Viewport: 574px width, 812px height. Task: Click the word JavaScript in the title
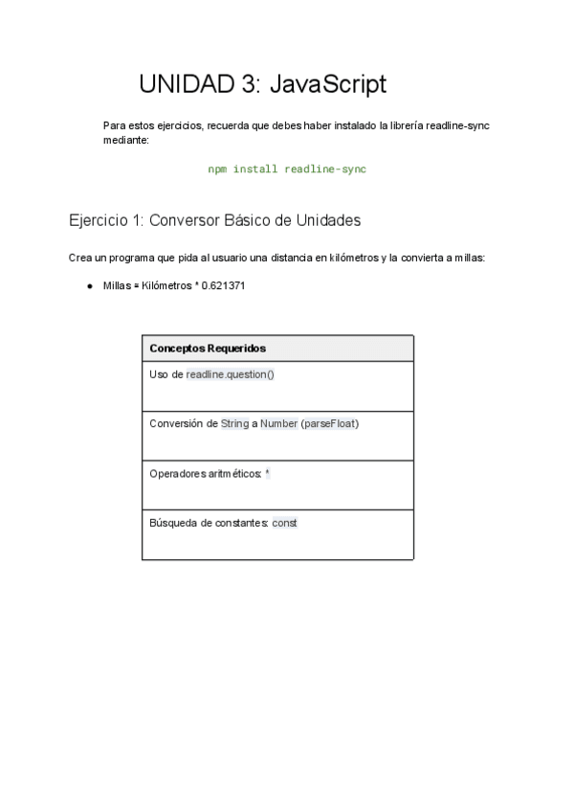328,84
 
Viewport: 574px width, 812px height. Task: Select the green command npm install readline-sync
287,169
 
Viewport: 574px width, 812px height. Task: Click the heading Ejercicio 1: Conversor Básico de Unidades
215,220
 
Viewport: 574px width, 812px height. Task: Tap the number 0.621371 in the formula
224,285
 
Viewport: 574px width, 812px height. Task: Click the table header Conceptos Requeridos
208,349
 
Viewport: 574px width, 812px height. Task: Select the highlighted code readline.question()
230,374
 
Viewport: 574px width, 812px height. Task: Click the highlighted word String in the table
234,423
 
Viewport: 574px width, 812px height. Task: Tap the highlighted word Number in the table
278,423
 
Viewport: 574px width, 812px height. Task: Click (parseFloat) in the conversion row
330,423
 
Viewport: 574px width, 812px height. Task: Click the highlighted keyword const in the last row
285,523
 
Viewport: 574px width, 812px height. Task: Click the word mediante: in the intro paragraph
125,140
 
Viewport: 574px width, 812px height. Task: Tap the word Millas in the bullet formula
116,285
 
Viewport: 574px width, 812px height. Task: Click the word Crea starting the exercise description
81,258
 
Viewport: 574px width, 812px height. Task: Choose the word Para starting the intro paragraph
113,125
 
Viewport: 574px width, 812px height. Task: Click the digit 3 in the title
249,84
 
